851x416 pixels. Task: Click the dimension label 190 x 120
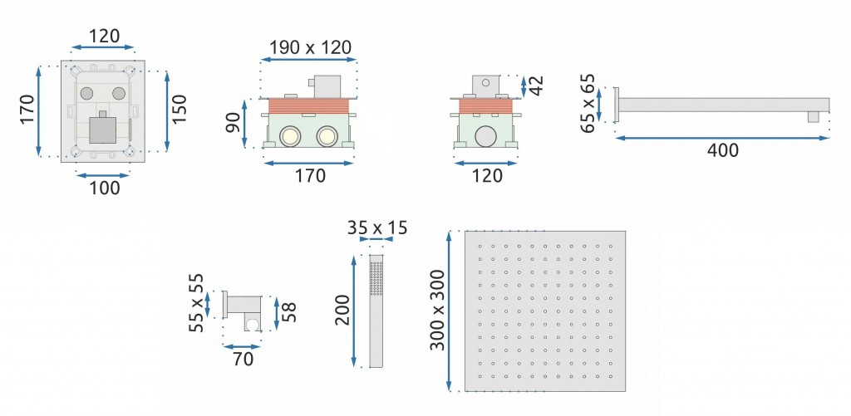tap(309, 47)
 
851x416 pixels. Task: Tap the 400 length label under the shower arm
tap(721, 150)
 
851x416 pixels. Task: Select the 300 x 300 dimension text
tap(437, 310)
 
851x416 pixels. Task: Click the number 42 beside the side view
tap(537, 85)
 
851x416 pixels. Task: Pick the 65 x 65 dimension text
tap(589, 104)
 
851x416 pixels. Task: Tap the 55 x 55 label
tap(195, 303)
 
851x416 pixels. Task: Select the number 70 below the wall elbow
tap(242, 359)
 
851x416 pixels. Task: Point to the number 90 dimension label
tap(233, 122)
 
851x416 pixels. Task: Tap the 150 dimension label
tap(180, 110)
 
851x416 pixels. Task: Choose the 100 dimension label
tap(105, 188)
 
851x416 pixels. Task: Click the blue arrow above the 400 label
tap(721, 138)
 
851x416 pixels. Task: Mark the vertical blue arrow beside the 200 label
tap(355, 311)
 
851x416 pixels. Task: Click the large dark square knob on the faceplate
tap(104, 129)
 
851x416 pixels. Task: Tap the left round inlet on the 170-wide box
tap(291, 135)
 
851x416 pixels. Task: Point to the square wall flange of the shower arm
tap(617, 105)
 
